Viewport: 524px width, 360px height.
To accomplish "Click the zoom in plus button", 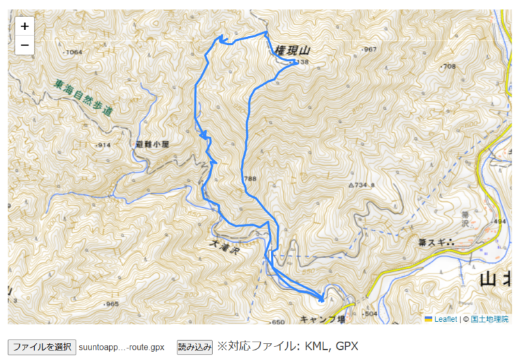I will point(25,27).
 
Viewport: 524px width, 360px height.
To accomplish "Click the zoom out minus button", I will point(25,45).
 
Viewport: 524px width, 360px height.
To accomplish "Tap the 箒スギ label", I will point(437,241).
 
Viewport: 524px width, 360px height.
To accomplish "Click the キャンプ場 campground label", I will point(323,318).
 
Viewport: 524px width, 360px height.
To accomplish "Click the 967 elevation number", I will point(370,50).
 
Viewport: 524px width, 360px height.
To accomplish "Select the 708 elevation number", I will point(448,66).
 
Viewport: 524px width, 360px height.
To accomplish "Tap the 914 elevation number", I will point(104,146).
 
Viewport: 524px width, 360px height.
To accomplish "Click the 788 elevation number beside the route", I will point(250,179).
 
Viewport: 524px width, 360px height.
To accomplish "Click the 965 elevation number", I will point(112,303).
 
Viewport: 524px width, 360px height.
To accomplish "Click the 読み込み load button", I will point(194,346).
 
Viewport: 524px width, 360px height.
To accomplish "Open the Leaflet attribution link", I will point(445,318).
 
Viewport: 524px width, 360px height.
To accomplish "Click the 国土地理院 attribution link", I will point(489,318).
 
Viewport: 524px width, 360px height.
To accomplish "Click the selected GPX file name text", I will point(121,347).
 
